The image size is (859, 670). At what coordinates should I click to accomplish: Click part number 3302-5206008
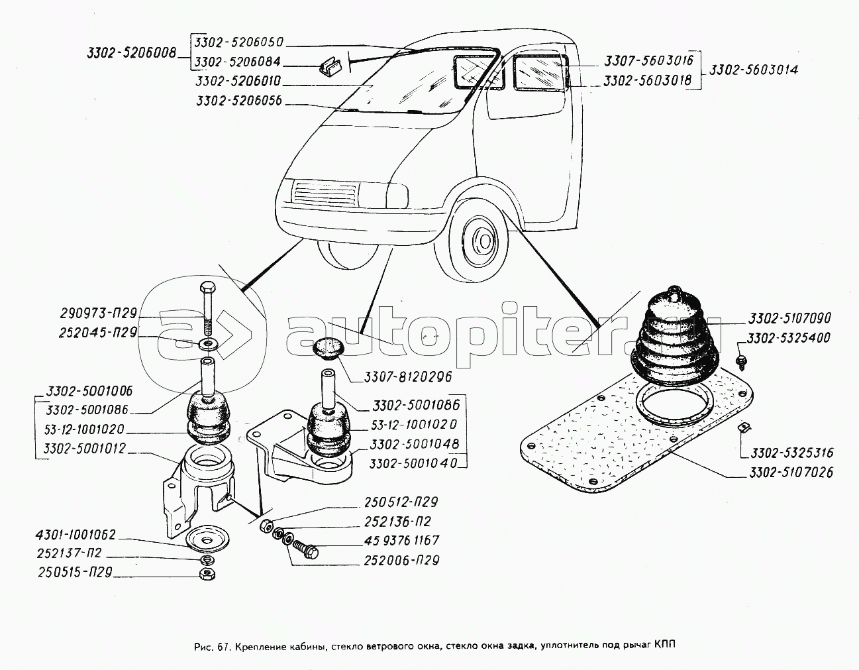tap(131, 54)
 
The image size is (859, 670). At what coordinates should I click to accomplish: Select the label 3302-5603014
tap(754, 70)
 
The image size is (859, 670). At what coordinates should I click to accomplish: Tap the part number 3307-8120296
tap(407, 376)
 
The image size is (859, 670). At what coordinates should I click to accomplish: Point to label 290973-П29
tap(99, 313)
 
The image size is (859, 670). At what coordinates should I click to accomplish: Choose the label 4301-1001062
tap(76, 535)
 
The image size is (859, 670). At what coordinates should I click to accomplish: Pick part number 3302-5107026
tap(791, 472)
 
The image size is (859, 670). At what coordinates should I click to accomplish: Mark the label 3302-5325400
tap(788, 338)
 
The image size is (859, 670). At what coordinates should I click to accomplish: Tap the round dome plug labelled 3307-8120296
tap(328, 348)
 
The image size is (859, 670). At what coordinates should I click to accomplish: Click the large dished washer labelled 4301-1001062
tap(207, 539)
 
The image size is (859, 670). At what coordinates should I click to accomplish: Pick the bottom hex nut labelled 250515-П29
tap(207, 574)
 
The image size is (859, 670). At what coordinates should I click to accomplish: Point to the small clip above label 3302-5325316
tap(745, 427)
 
